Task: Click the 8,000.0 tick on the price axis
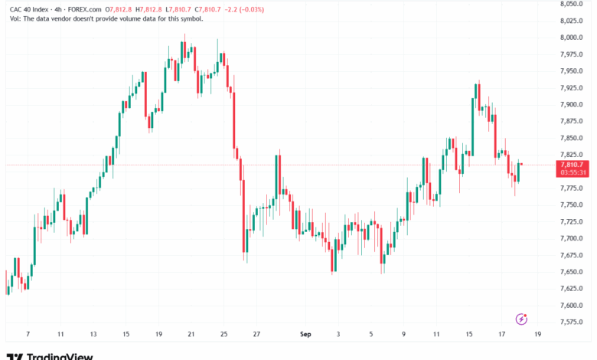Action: pos(571,38)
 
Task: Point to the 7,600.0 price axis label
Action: pos(571,305)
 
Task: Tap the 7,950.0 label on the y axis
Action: pos(571,71)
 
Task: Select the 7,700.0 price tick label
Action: pos(571,238)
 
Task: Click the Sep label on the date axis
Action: pos(305,334)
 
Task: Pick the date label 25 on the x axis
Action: pos(223,334)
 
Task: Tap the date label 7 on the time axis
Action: pos(28,334)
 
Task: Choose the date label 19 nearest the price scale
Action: pos(537,334)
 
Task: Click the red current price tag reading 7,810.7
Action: pos(572,165)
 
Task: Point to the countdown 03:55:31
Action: pos(573,172)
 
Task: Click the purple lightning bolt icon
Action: pos(521,319)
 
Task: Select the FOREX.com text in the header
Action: pos(85,9)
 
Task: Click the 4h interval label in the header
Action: pos(58,9)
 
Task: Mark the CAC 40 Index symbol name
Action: pos(29,9)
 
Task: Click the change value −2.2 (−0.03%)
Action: pos(244,9)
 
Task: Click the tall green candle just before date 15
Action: pos(472,127)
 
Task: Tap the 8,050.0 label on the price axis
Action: pos(571,4)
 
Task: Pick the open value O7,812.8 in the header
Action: pos(119,9)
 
